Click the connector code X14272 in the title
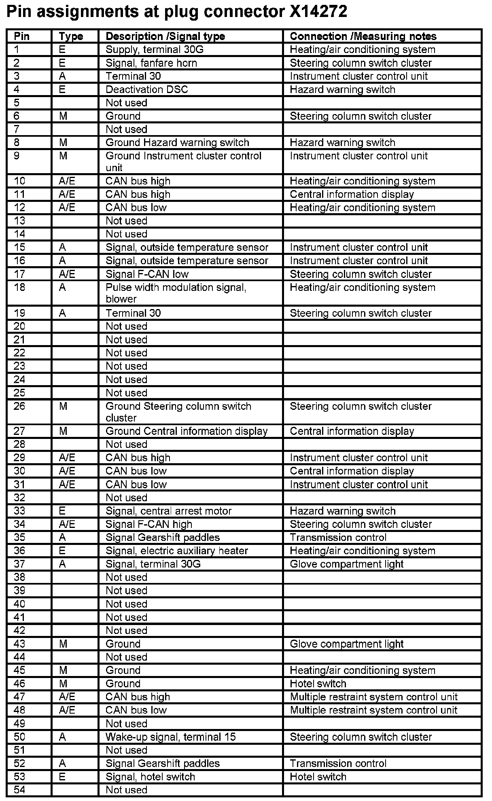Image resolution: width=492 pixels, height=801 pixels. (x=318, y=12)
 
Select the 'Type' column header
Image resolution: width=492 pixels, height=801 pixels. (x=70, y=36)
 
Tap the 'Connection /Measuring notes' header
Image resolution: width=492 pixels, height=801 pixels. (x=363, y=36)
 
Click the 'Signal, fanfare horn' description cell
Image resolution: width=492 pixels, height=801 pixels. (x=151, y=63)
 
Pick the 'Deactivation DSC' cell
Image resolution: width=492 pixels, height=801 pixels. (x=146, y=89)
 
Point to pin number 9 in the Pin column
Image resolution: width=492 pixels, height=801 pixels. (x=17, y=156)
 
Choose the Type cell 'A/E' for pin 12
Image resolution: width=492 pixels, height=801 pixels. (x=67, y=208)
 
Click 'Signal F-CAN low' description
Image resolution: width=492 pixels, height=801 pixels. (x=147, y=274)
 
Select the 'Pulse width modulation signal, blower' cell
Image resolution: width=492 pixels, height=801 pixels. (x=176, y=293)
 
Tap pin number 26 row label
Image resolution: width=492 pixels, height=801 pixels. (x=19, y=406)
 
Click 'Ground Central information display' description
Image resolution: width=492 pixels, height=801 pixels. (x=186, y=431)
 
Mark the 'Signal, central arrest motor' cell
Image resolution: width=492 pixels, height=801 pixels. (x=168, y=511)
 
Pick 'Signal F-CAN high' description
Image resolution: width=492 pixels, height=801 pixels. (x=148, y=524)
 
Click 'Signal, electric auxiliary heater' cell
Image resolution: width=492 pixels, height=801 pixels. (x=176, y=551)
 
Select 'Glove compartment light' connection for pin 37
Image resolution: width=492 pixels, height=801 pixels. (x=346, y=564)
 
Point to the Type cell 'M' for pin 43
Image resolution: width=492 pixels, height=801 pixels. (x=63, y=644)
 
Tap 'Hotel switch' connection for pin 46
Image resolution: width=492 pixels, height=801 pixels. (x=318, y=684)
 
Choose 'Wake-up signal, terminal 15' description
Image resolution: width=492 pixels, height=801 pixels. (x=170, y=737)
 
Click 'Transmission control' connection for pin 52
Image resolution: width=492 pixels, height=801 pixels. (x=338, y=763)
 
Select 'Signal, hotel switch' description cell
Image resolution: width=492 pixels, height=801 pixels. (x=150, y=777)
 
